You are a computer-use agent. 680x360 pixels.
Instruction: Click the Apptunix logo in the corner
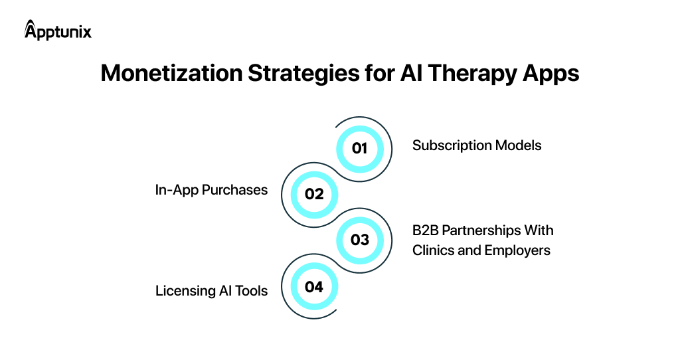(x=58, y=31)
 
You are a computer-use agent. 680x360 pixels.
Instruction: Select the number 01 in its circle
(x=359, y=148)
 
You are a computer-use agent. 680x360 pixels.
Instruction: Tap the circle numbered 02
(x=313, y=194)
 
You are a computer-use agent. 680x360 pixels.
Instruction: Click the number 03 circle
(x=359, y=240)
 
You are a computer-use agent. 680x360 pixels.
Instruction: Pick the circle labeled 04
(x=313, y=286)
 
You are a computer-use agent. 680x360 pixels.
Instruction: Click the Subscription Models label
(x=477, y=145)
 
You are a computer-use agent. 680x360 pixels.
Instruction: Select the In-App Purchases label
(x=211, y=190)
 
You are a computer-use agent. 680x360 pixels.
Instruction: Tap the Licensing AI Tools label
(x=211, y=290)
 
